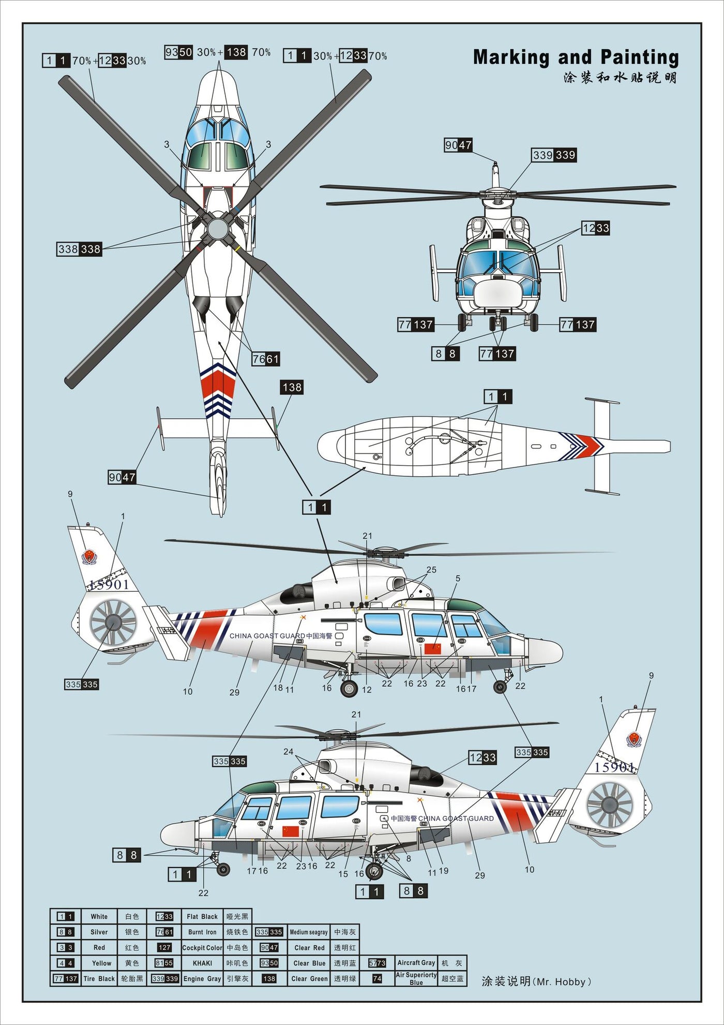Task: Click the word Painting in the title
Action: [x=640, y=57]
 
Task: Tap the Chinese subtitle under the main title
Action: [x=620, y=78]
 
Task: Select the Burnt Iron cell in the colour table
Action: [x=202, y=932]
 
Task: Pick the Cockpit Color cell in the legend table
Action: [x=202, y=948]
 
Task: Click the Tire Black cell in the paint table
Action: [x=99, y=979]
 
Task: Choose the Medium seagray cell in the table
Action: [x=309, y=932]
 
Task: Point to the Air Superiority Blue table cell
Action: [x=416, y=978]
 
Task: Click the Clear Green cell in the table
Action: [x=309, y=979]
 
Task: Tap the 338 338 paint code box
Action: [x=79, y=249]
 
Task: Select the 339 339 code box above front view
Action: [x=554, y=155]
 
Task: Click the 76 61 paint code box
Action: [x=266, y=359]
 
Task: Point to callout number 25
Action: [x=431, y=570]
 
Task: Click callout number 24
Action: [x=288, y=752]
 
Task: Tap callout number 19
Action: [x=444, y=871]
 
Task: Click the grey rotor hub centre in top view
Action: [x=217, y=228]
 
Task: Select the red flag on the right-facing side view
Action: [x=432, y=648]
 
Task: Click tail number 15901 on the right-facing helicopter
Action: [x=109, y=584]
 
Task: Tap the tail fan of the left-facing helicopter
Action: [x=610, y=804]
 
